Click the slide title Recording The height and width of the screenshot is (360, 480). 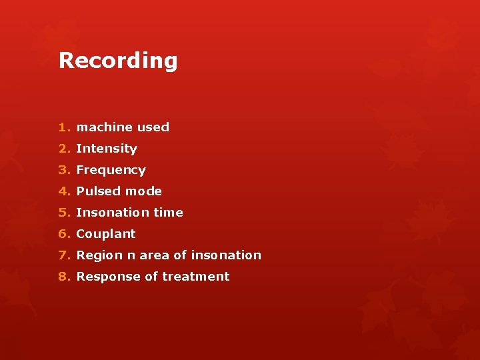pyautogui.click(x=118, y=61)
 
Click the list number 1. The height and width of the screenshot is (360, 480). pyautogui.click(x=63, y=127)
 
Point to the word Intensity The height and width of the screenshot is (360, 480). pyautogui.click(x=107, y=149)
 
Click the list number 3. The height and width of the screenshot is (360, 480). pyautogui.click(x=63, y=170)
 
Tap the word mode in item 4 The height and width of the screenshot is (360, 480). pyautogui.click(x=144, y=191)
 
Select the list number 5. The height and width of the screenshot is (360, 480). pyautogui.click(x=63, y=213)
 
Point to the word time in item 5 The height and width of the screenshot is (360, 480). pyautogui.click(x=168, y=213)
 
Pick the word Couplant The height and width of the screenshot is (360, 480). pyautogui.click(x=106, y=234)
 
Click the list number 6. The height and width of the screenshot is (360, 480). pyautogui.click(x=63, y=234)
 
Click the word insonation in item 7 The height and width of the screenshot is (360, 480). pyautogui.click(x=226, y=255)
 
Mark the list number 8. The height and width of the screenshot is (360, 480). pyautogui.click(x=63, y=277)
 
